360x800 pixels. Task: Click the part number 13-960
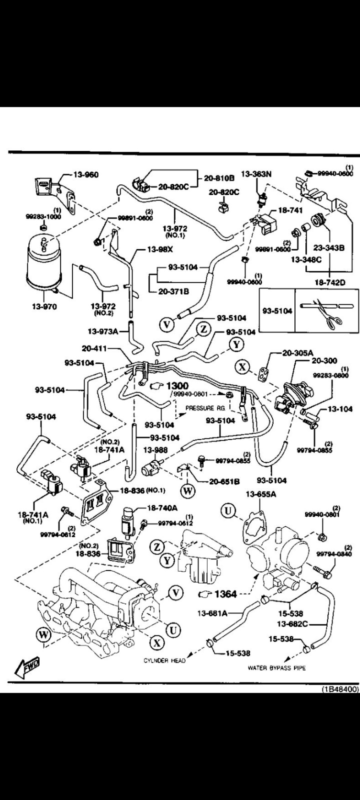86,174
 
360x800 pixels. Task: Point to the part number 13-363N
256,174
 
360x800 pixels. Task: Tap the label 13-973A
103,331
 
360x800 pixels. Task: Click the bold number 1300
177,385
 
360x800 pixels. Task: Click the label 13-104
340,409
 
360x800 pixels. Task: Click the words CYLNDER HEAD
164,660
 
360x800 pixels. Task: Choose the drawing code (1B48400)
339,689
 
